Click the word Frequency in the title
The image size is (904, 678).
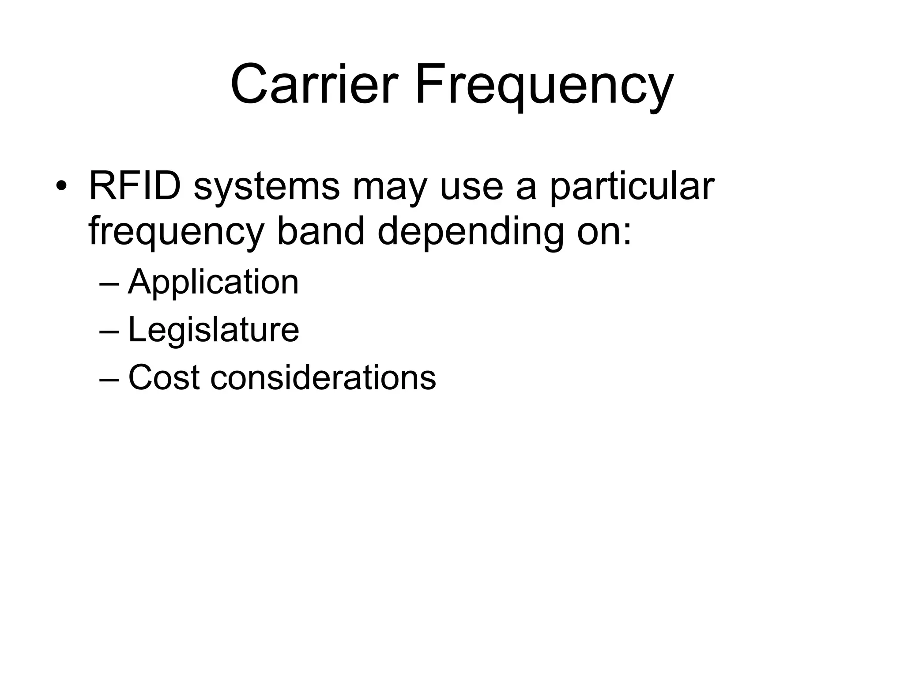[x=543, y=86]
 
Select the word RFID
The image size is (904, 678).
[x=135, y=185]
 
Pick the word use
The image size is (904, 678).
[x=471, y=187]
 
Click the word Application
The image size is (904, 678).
[x=213, y=283]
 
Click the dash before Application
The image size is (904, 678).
[x=109, y=284]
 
